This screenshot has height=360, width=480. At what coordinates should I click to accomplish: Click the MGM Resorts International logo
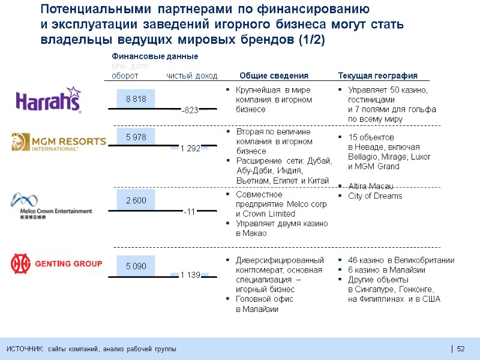[58, 142]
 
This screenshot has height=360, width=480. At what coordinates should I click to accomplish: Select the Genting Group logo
[56, 264]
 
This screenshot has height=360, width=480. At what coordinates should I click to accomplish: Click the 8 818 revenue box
[136, 99]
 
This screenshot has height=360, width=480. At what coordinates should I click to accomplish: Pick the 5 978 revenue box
[136, 137]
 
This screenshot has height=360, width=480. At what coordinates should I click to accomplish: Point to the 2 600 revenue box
[136, 200]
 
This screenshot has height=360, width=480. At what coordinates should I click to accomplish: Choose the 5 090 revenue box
[136, 265]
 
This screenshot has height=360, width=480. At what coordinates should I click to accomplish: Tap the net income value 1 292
[190, 148]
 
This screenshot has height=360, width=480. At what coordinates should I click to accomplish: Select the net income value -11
[190, 211]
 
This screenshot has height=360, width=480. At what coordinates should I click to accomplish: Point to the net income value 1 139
[190, 275]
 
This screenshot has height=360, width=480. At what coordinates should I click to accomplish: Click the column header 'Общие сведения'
[274, 76]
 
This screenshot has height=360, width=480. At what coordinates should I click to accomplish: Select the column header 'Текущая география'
[377, 76]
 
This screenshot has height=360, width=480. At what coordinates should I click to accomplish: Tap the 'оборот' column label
[125, 76]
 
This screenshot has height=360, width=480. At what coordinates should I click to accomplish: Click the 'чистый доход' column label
[192, 76]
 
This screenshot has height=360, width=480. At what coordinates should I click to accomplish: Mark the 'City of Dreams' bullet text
[376, 196]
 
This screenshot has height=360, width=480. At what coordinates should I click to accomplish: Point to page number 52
[461, 350]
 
